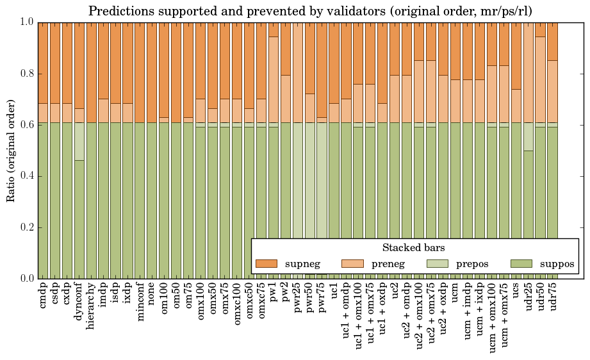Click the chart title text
[309, 11]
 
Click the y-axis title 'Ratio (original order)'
[11, 150]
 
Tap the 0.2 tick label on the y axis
[26, 227]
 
